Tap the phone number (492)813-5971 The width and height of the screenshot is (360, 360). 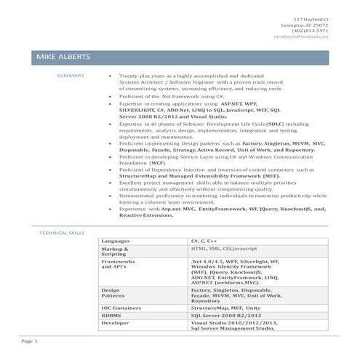click(310, 31)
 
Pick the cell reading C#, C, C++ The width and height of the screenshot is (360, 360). click(204, 240)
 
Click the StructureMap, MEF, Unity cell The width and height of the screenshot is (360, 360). click(225, 308)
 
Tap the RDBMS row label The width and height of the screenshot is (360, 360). click(111, 316)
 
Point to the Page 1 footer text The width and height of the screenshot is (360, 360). click(29, 340)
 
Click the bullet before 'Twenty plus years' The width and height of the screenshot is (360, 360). click(109, 76)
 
